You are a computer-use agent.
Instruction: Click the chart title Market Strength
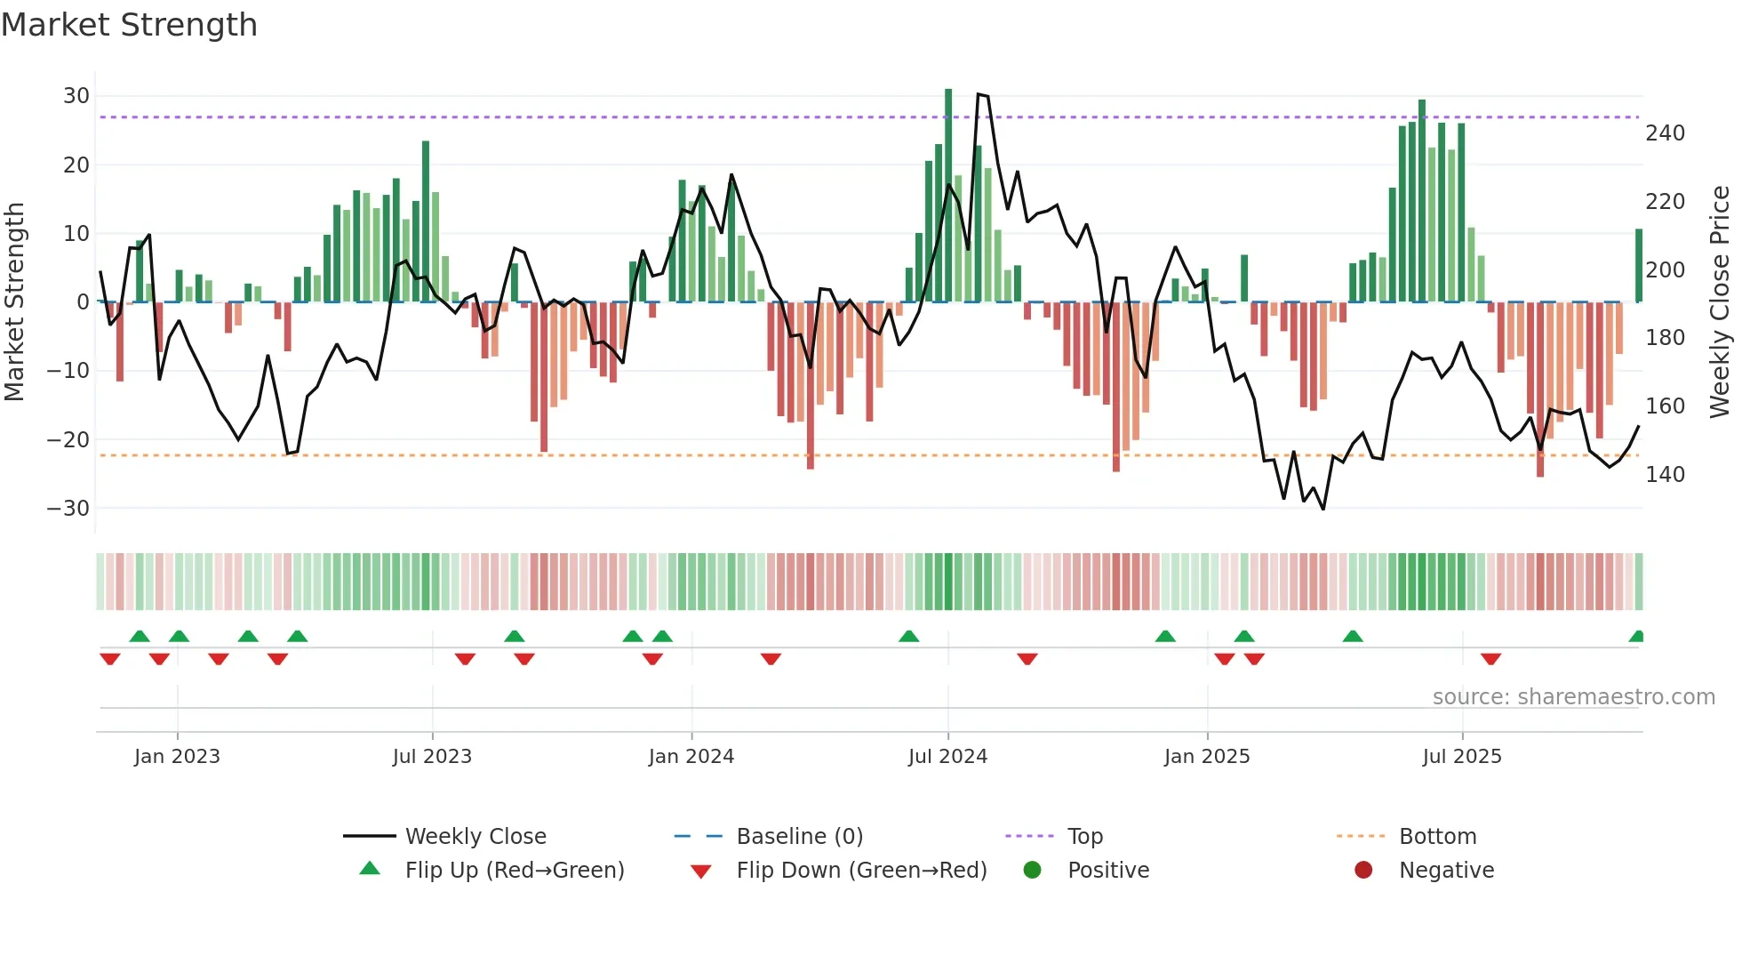coord(129,25)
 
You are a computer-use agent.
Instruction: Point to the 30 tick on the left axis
coord(76,96)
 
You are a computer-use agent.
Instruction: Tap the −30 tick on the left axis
coord(68,509)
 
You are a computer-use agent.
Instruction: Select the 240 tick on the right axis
coord(1665,133)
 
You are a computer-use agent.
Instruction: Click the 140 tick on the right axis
coord(1665,475)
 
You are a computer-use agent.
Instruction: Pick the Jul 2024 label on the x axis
coord(947,757)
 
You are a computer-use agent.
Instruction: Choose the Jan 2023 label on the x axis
coord(177,757)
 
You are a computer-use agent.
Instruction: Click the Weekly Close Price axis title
coord(1720,302)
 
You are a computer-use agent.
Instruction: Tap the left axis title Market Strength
coord(15,302)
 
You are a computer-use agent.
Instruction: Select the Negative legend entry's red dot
coord(1363,871)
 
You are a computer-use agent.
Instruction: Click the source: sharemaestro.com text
coord(1573,697)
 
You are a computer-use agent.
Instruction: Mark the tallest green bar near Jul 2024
coord(948,196)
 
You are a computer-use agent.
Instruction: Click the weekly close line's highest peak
coord(979,94)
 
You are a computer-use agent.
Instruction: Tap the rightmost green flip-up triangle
coord(1637,637)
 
